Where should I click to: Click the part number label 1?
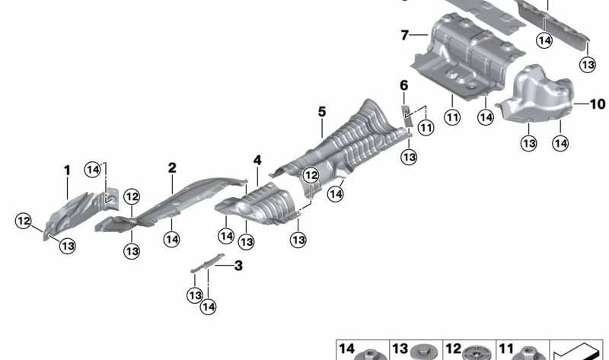tap(66, 170)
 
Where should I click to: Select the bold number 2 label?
tap(172, 167)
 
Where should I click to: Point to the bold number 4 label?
tap(257, 161)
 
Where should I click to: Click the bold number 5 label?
tap(321, 112)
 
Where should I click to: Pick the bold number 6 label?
tap(403, 86)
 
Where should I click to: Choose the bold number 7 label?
tap(405, 34)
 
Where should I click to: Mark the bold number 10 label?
tap(596, 104)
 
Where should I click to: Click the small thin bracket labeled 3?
tap(208, 262)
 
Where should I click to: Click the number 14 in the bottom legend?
tap(346, 349)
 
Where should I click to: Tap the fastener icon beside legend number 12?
tap(477, 353)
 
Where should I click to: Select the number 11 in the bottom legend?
tap(506, 349)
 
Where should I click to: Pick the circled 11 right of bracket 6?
tap(426, 128)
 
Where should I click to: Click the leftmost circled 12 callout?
tap(24, 221)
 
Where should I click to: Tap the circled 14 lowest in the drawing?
tap(209, 307)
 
